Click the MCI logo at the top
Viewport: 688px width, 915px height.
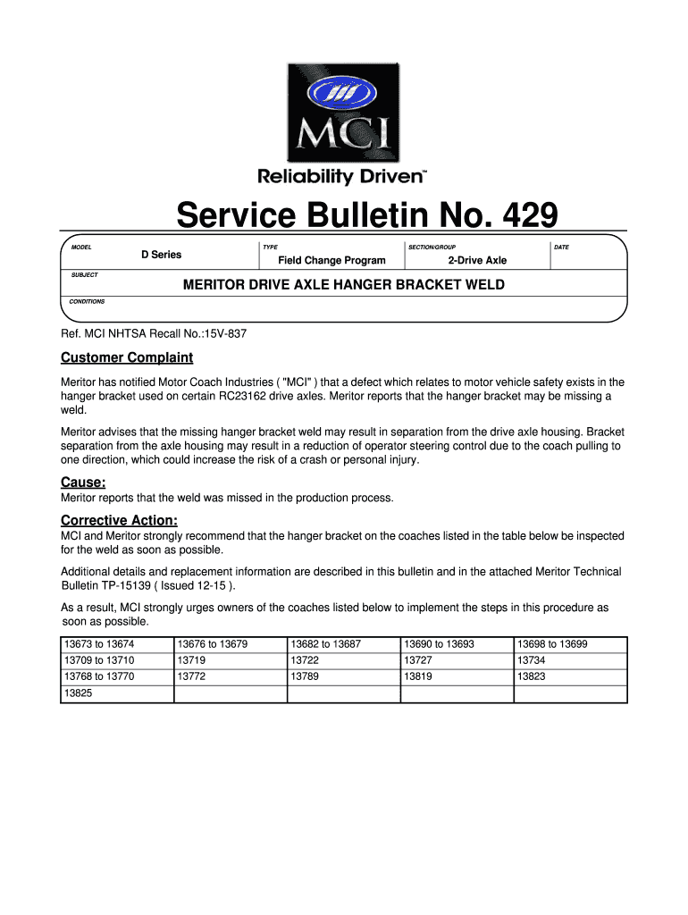point(343,111)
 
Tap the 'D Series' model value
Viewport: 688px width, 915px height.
point(161,255)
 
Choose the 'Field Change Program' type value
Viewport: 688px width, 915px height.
point(331,260)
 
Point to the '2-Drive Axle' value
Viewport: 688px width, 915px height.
point(477,260)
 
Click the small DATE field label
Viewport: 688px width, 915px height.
point(561,247)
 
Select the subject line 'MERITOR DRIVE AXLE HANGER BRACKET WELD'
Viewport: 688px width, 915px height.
point(344,285)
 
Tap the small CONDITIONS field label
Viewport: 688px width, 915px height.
point(88,301)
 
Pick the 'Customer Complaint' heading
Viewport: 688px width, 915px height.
point(127,357)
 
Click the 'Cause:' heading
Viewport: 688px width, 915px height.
point(83,483)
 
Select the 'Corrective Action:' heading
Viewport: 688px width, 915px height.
point(119,520)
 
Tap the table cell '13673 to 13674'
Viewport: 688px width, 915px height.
point(98,644)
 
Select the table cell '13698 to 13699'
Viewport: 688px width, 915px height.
point(552,644)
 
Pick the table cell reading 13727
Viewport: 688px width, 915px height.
point(417,660)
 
